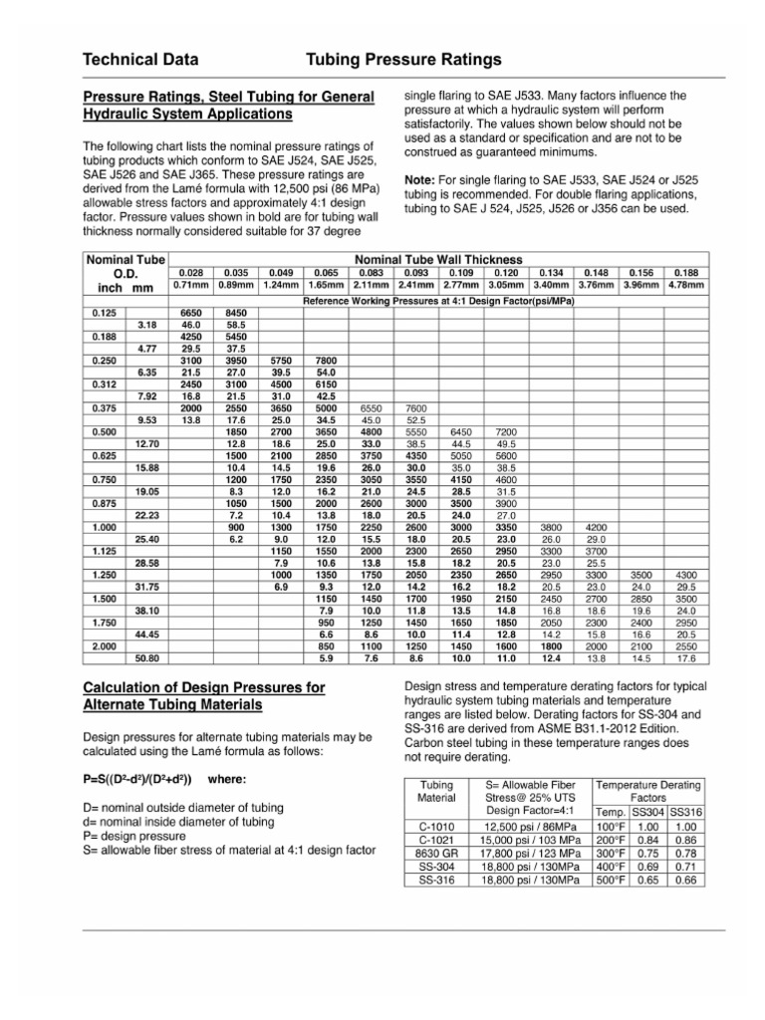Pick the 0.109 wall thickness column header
(x=461, y=272)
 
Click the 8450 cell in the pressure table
(x=236, y=313)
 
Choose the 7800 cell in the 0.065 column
(x=326, y=360)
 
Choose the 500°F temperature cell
(x=611, y=880)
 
